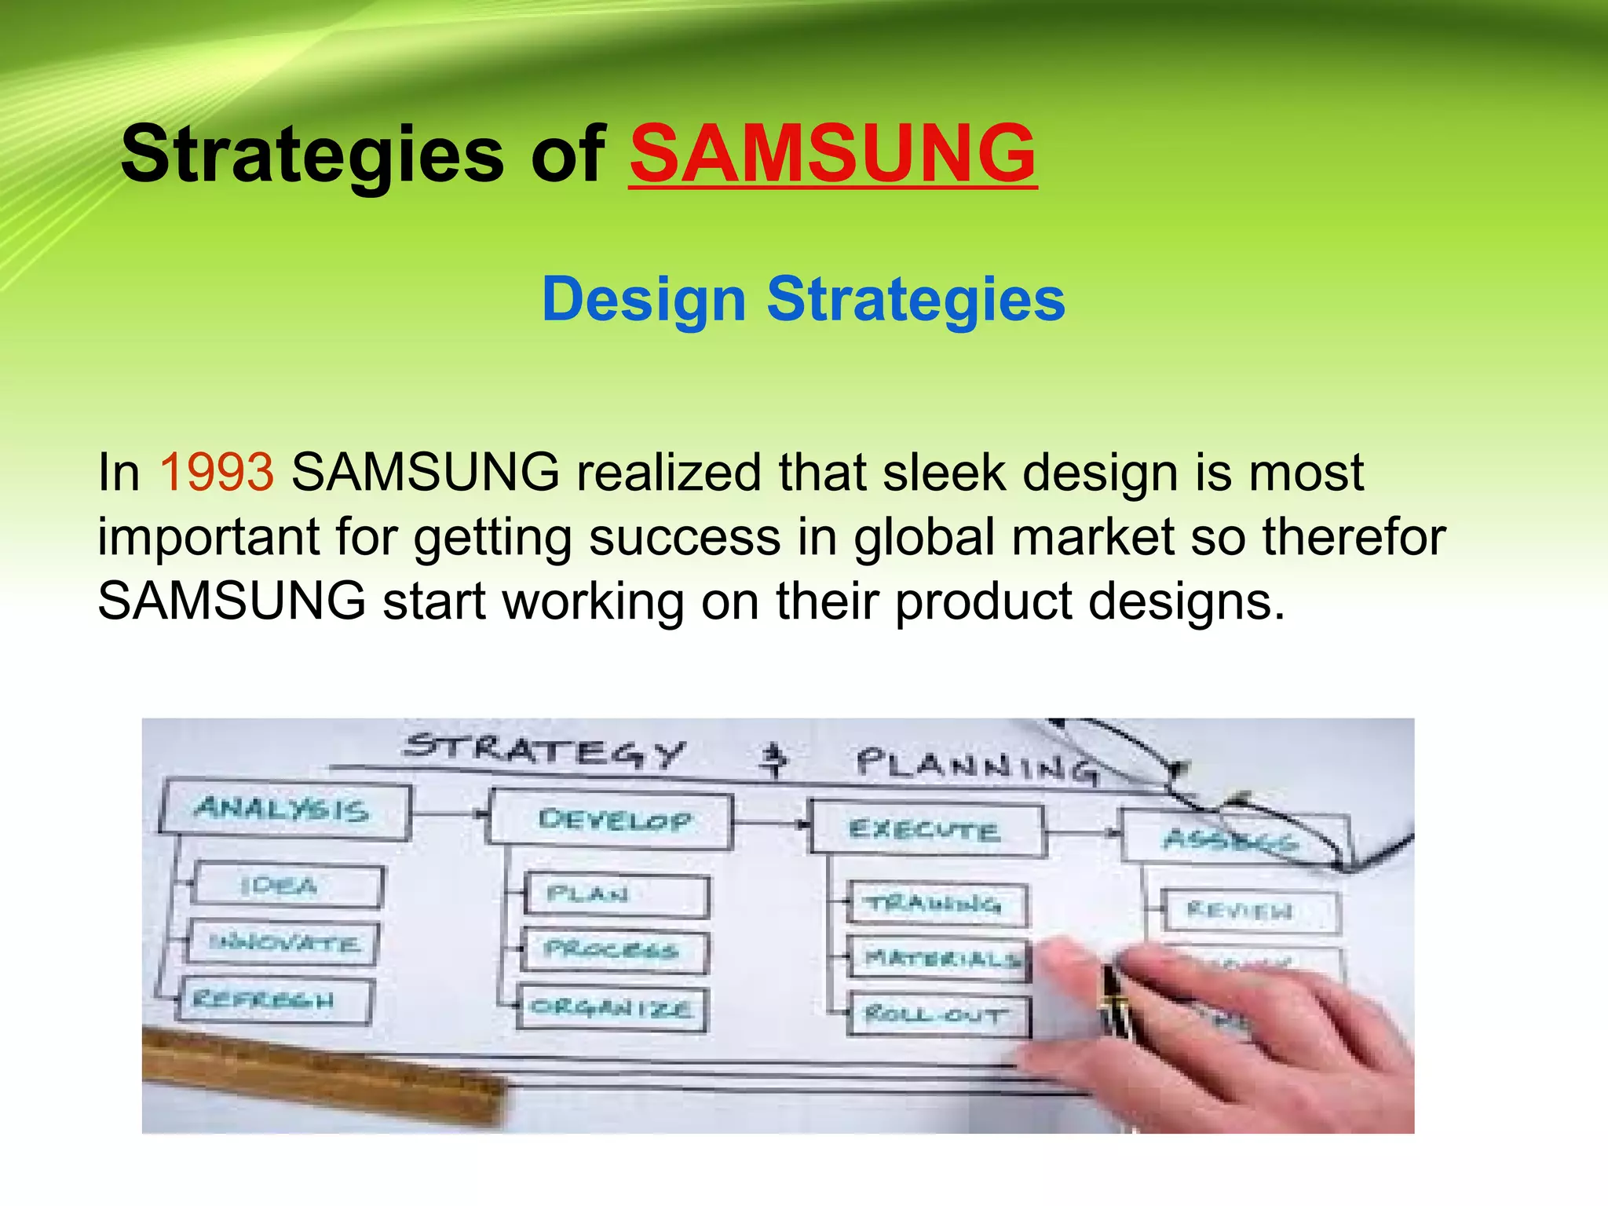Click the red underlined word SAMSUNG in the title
(x=832, y=154)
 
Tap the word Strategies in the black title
(x=312, y=155)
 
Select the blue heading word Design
(x=643, y=300)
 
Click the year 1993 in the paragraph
(x=217, y=473)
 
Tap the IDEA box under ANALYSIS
(x=287, y=886)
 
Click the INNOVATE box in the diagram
(x=283, y=942)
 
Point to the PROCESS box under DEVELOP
(x=614, y=950)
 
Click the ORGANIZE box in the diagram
(x=611, y=1008)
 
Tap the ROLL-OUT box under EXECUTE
(x=937, y=1015)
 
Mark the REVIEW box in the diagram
(x=1248, y=911)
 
